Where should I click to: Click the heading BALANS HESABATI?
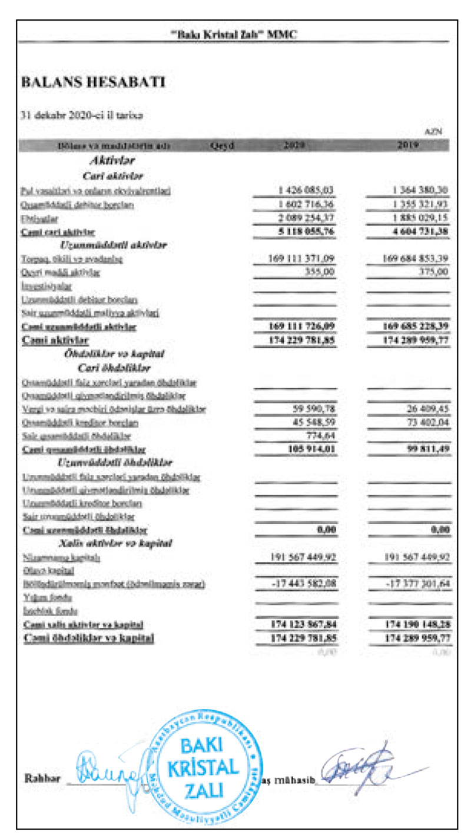tap(93, 83)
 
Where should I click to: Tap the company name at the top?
tap(234, 35)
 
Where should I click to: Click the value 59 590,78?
tap(313, 408)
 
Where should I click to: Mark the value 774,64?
tap(321, 436)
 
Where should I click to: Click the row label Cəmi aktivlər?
tap(55, 340)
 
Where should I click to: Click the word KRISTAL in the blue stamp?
tap(203, 767)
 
